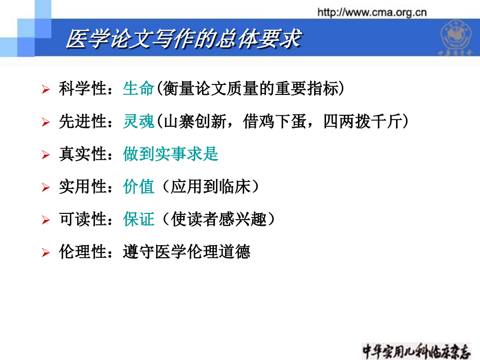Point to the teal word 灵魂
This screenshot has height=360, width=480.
[138, 122]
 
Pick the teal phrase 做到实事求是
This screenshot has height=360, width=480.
[171, 154]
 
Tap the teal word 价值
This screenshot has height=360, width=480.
[138, 187]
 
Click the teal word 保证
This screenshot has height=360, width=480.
[138, 219]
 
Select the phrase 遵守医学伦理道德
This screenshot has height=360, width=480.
[187, 251]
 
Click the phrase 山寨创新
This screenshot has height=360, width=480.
[196, 122]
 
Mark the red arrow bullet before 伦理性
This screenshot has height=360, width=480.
[46, 252]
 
